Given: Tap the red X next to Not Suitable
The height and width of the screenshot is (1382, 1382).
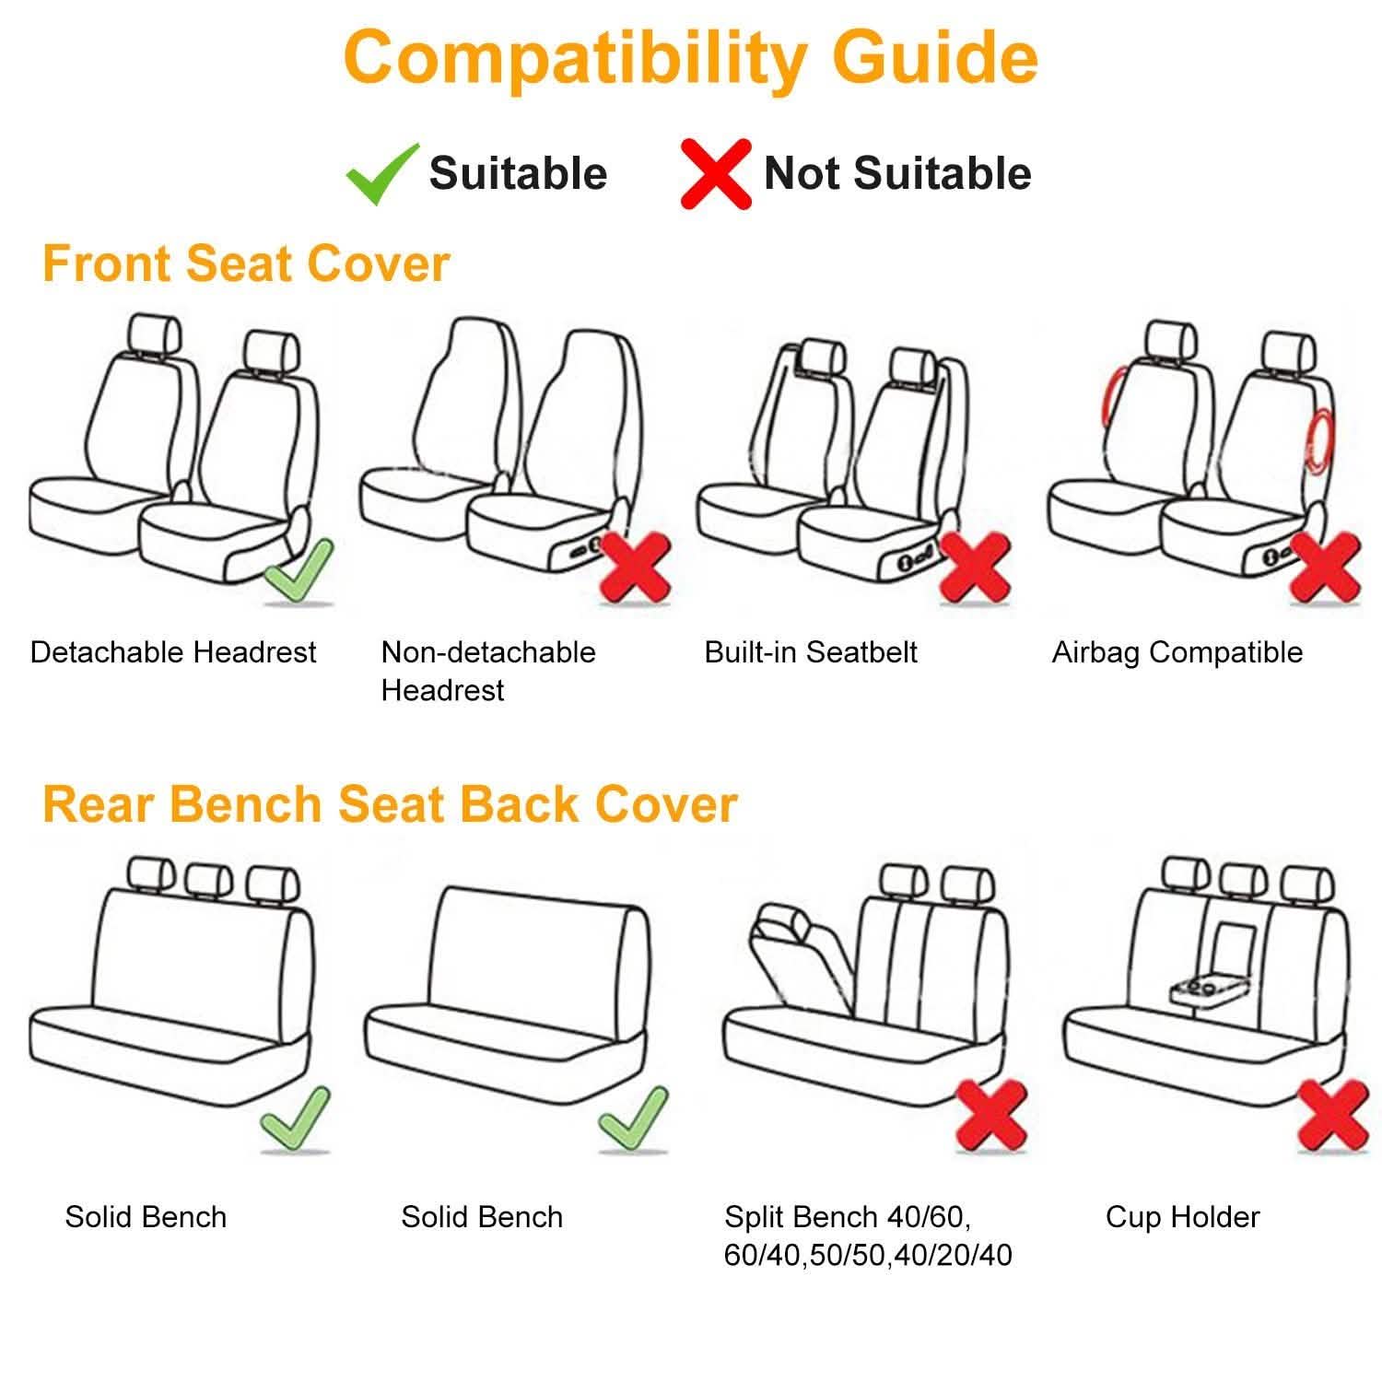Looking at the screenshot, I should tap(715, 173).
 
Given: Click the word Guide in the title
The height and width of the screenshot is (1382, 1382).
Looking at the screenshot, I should tap(934, 57).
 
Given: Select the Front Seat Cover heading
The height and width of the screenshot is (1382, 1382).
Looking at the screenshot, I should tap(246, 264).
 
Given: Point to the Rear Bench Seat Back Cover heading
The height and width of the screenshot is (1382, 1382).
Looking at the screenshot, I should tap(390, 803).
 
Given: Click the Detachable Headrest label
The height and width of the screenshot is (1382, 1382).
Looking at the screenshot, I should tap(173, 652).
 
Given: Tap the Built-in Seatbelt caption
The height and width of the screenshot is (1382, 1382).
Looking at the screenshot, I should tap(811, 652).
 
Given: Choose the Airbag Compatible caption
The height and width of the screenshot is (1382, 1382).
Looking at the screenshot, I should tap(1177, 652).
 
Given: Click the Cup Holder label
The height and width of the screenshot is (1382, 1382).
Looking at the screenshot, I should tap(1182, 1217).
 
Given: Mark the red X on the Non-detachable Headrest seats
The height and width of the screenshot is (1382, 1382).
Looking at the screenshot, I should tap(635, 567).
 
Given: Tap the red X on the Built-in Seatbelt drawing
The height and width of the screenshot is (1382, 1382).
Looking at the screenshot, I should tap(975, 567).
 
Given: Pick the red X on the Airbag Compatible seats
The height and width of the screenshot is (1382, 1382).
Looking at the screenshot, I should tap(1324, 567).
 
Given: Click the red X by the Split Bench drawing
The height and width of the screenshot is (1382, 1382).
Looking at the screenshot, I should tap(992, 1116).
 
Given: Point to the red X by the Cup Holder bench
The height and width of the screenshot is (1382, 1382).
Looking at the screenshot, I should tap(1332, 1116).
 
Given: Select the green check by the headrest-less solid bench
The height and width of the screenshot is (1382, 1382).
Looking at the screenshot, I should tap(634, 1118).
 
